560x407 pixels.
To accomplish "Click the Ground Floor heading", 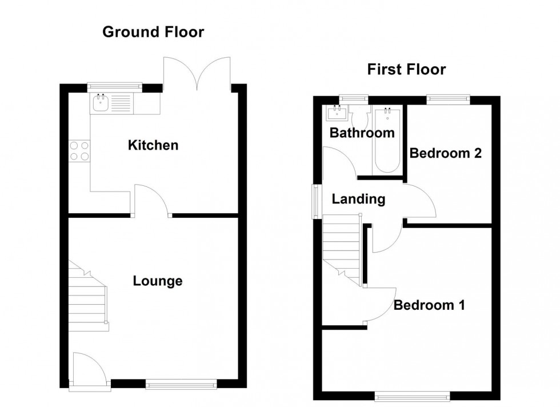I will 153,32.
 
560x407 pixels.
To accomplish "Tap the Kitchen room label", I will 153,145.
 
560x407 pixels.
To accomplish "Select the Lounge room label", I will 158,281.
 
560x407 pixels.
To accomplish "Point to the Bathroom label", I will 362,133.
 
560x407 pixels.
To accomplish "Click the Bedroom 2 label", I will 446,153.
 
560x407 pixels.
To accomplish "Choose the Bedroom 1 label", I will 429,305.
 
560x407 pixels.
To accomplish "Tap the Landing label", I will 358,199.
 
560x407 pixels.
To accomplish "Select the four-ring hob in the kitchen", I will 79,150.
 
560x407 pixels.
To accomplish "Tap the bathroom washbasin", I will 338,114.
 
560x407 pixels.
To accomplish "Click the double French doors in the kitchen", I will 197,74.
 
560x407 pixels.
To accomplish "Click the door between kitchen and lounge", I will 153,200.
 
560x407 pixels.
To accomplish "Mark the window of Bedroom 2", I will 448,99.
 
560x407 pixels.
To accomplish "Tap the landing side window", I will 315,201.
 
